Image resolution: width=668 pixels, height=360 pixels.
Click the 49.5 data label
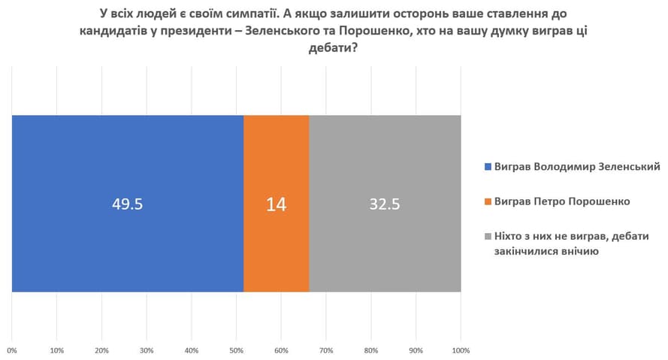pos(128,204)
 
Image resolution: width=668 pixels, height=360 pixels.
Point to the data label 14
pos(276,204)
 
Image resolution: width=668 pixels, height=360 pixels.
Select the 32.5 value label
pos(385,204)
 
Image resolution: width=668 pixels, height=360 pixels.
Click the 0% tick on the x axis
pos(12,350)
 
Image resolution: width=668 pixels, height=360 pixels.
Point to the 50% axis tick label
pos(237,350)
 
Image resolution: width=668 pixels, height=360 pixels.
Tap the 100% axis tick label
pos(460,350)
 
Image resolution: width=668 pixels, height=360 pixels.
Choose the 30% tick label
pos(147,350)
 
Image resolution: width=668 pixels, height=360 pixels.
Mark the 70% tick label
pos(326,350)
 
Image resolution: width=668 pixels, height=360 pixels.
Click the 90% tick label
pos(416,350)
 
